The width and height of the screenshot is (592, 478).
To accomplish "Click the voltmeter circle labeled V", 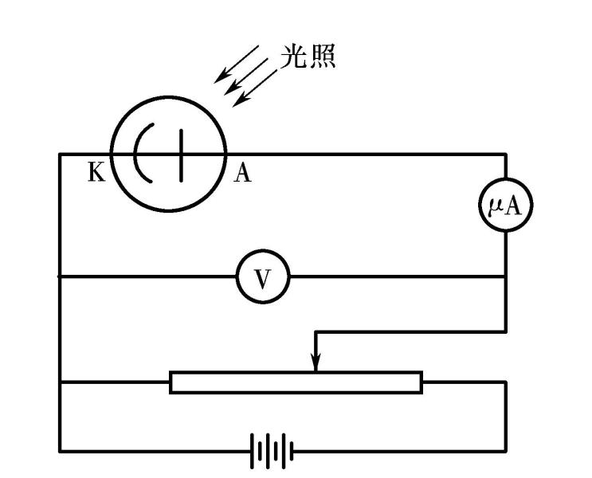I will tap(264, 276).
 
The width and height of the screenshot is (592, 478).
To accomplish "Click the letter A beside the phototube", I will tap(243, 173).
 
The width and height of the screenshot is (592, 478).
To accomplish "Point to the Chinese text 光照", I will tap(308, 56).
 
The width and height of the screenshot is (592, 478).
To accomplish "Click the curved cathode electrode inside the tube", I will tap(142, 154).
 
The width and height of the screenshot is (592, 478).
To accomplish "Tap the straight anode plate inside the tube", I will tap(183, 154).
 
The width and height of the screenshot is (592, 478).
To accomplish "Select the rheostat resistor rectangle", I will tap(296, 382).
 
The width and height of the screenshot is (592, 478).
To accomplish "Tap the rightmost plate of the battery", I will tap(292, 451).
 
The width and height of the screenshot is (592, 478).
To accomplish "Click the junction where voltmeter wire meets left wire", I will tap(60, 276).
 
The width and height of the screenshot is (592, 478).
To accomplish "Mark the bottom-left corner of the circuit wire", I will tap(60, 451).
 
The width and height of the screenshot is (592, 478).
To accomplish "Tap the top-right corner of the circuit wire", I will tap(504, 154).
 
